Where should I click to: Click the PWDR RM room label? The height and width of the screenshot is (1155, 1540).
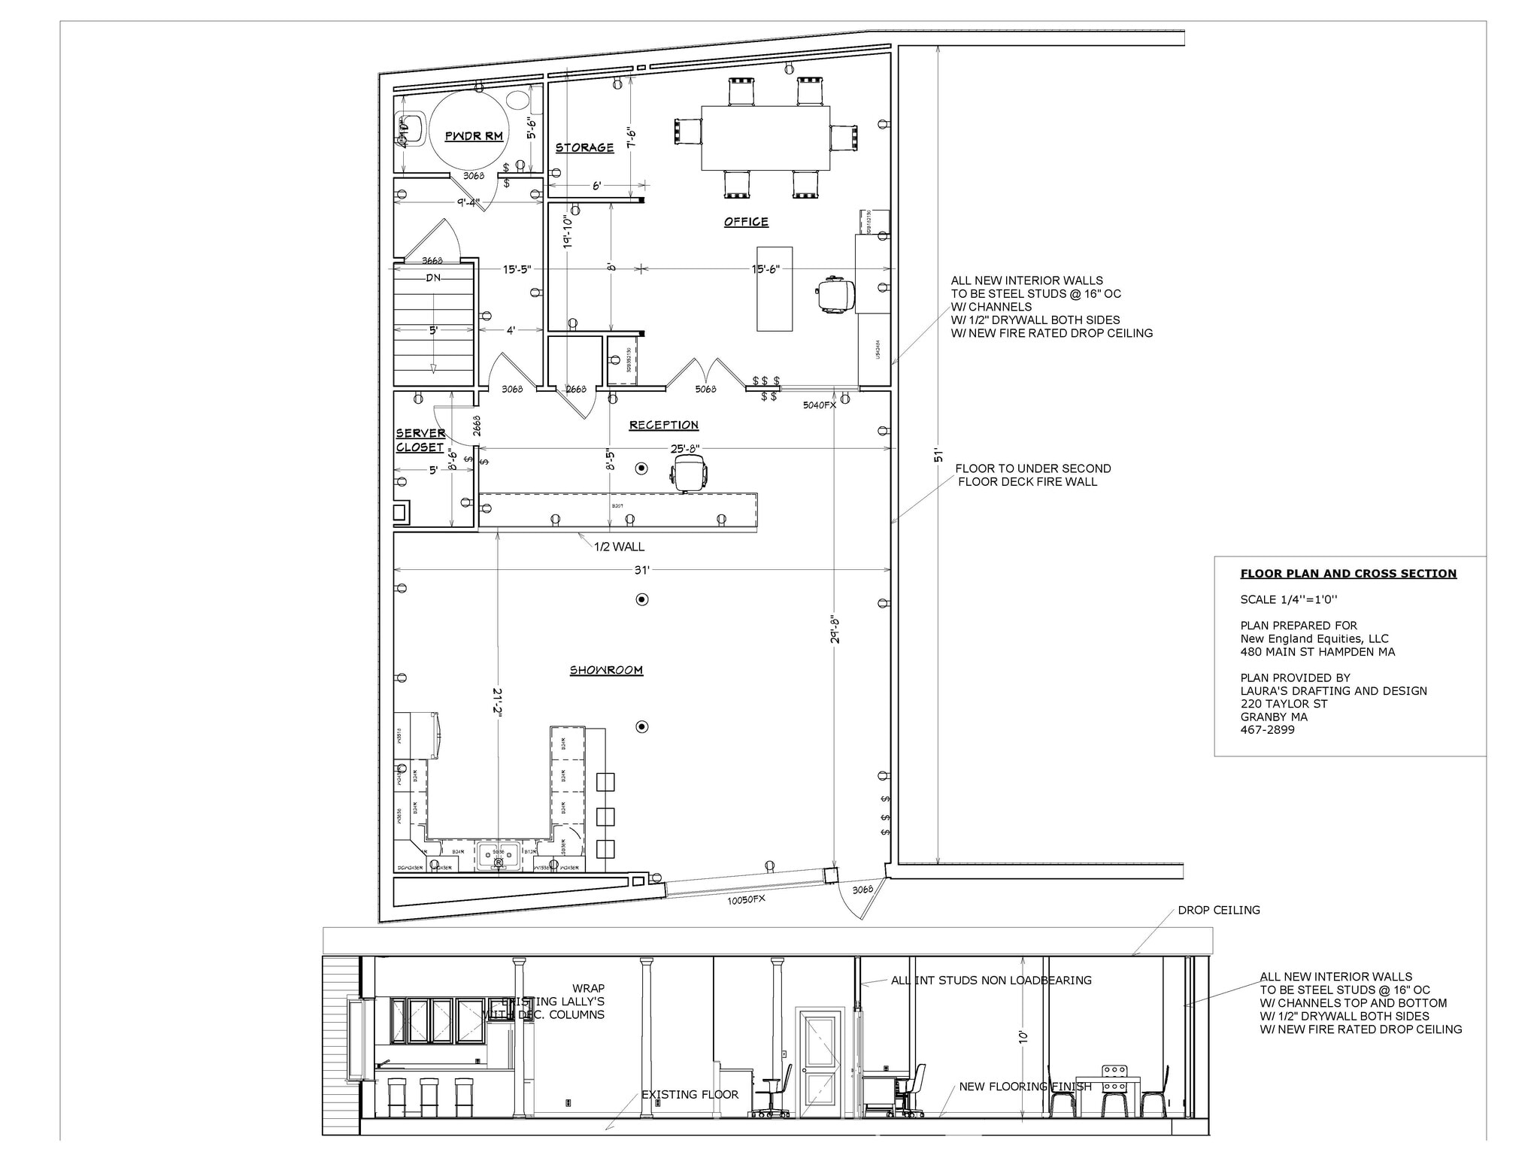[474, 136]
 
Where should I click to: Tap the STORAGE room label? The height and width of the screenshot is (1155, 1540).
[584, 147]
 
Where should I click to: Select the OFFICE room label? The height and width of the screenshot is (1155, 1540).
[746, 222]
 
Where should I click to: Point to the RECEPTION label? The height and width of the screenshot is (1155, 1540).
[664, 425]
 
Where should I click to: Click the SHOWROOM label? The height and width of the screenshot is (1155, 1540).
[606, 670]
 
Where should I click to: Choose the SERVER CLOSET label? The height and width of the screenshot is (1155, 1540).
[420, 440]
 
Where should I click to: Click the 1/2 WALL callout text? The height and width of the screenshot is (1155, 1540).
[619, 547]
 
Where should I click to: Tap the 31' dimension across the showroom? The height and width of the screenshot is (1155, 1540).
[641, 571]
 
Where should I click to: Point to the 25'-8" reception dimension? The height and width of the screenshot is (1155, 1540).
[685, 449]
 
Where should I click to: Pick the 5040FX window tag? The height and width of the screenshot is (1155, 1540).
[819, 405]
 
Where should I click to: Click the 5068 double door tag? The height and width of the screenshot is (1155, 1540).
[705, 389]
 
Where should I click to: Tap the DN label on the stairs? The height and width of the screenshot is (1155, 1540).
[433, 277]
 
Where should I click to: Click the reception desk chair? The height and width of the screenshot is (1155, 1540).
[689, 475]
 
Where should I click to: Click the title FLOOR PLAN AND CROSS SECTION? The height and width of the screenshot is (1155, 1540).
[1348, 574]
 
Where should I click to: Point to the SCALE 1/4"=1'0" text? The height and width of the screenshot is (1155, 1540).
[1289, 600]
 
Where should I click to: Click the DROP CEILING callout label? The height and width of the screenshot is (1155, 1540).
[1218, 910]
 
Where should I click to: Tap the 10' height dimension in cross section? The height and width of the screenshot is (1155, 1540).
[1023, 1036]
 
